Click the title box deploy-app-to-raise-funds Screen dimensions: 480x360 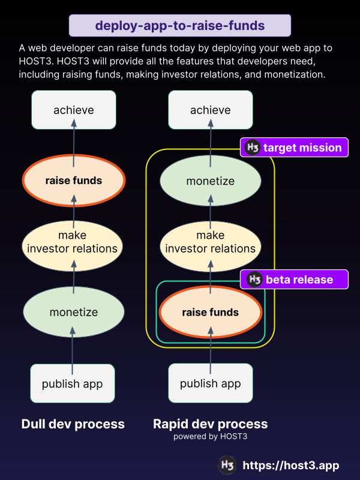(180, 26)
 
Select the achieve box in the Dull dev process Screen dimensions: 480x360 (74, 110)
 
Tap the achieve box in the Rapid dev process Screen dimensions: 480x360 (210, 110)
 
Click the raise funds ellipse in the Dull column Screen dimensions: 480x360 (74, 180)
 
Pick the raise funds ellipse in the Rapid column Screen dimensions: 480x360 (210, 312)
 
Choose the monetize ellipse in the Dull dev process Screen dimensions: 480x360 (74, 312)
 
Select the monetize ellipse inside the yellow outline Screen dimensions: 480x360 (210, 181)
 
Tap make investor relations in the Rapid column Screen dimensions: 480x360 (210, 242)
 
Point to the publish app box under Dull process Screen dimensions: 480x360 (73, 383)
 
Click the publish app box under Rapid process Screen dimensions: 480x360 (210, 383)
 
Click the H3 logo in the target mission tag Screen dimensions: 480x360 (253, 148)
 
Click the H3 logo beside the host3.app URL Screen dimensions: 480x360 (227, 466)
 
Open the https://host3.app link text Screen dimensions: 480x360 (291, 466)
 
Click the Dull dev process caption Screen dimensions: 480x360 (73, 424)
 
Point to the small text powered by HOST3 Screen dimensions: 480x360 (210, 437)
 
